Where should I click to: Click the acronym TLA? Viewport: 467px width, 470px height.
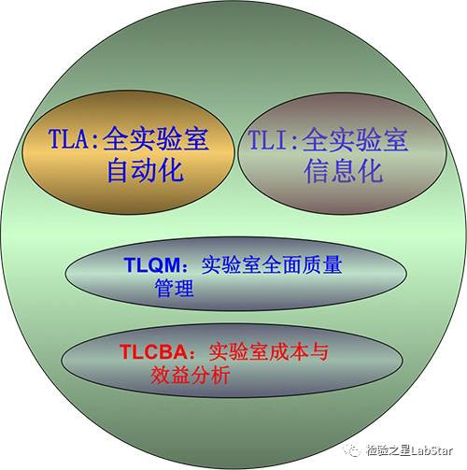(x=69, y=138)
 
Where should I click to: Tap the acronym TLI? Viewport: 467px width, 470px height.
(x=268, y=139)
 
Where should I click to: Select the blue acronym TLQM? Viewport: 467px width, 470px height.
(x=152, y=265)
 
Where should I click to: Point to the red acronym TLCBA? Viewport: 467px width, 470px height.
(x=153, y=352)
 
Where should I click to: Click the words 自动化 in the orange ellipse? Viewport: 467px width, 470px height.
(x=145, y=170)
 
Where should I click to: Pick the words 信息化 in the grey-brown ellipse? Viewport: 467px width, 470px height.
(x=344, y=171)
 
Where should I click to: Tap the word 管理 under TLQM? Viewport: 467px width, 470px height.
(x=174, y=288)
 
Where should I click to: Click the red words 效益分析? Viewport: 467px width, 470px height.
(x=191, y=374)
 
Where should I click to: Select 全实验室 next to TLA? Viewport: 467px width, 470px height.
(x=156, y=138)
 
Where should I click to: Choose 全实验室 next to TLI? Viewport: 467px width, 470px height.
(x=355, y=139)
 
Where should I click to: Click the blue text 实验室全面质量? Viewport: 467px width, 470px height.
(x=272, y=265)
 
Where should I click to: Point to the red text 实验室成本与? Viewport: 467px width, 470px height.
(x=268, y=352)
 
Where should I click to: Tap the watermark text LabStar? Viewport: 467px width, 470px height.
(x=432, y=449)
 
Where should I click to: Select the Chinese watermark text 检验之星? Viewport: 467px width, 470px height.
(x=389, y=450)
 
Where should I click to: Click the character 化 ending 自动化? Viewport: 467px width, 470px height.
(x=171, y=170)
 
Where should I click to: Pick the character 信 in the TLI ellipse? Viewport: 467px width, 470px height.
(x=317, y=171)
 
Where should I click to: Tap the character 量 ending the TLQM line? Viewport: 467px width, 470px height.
(x=333, y=265)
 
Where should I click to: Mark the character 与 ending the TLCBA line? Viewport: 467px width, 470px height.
(x=318, y=352)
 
